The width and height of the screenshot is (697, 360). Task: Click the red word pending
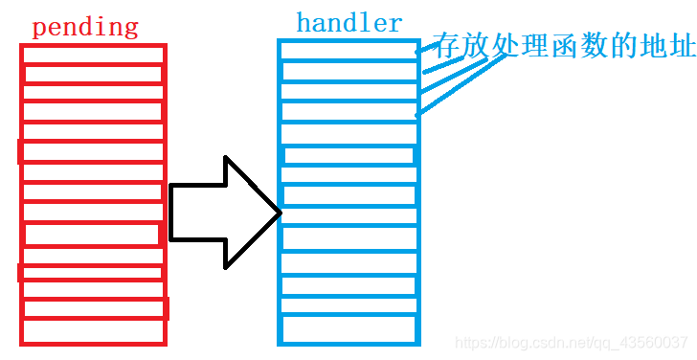point(84,27)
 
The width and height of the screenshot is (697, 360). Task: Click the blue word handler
point(349,23)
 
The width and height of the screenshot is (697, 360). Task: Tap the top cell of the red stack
point(93,55)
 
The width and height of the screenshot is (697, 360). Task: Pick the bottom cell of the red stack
point(93,331)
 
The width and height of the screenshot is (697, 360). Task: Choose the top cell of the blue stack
point(348,50)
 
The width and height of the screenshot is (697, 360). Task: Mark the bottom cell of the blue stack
point(348,328)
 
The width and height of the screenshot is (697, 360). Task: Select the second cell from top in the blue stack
point(348,71)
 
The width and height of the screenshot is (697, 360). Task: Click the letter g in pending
point(131,30)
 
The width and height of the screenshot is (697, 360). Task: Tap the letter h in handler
point(304,22)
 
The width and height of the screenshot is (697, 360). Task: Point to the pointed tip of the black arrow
point(280,212)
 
